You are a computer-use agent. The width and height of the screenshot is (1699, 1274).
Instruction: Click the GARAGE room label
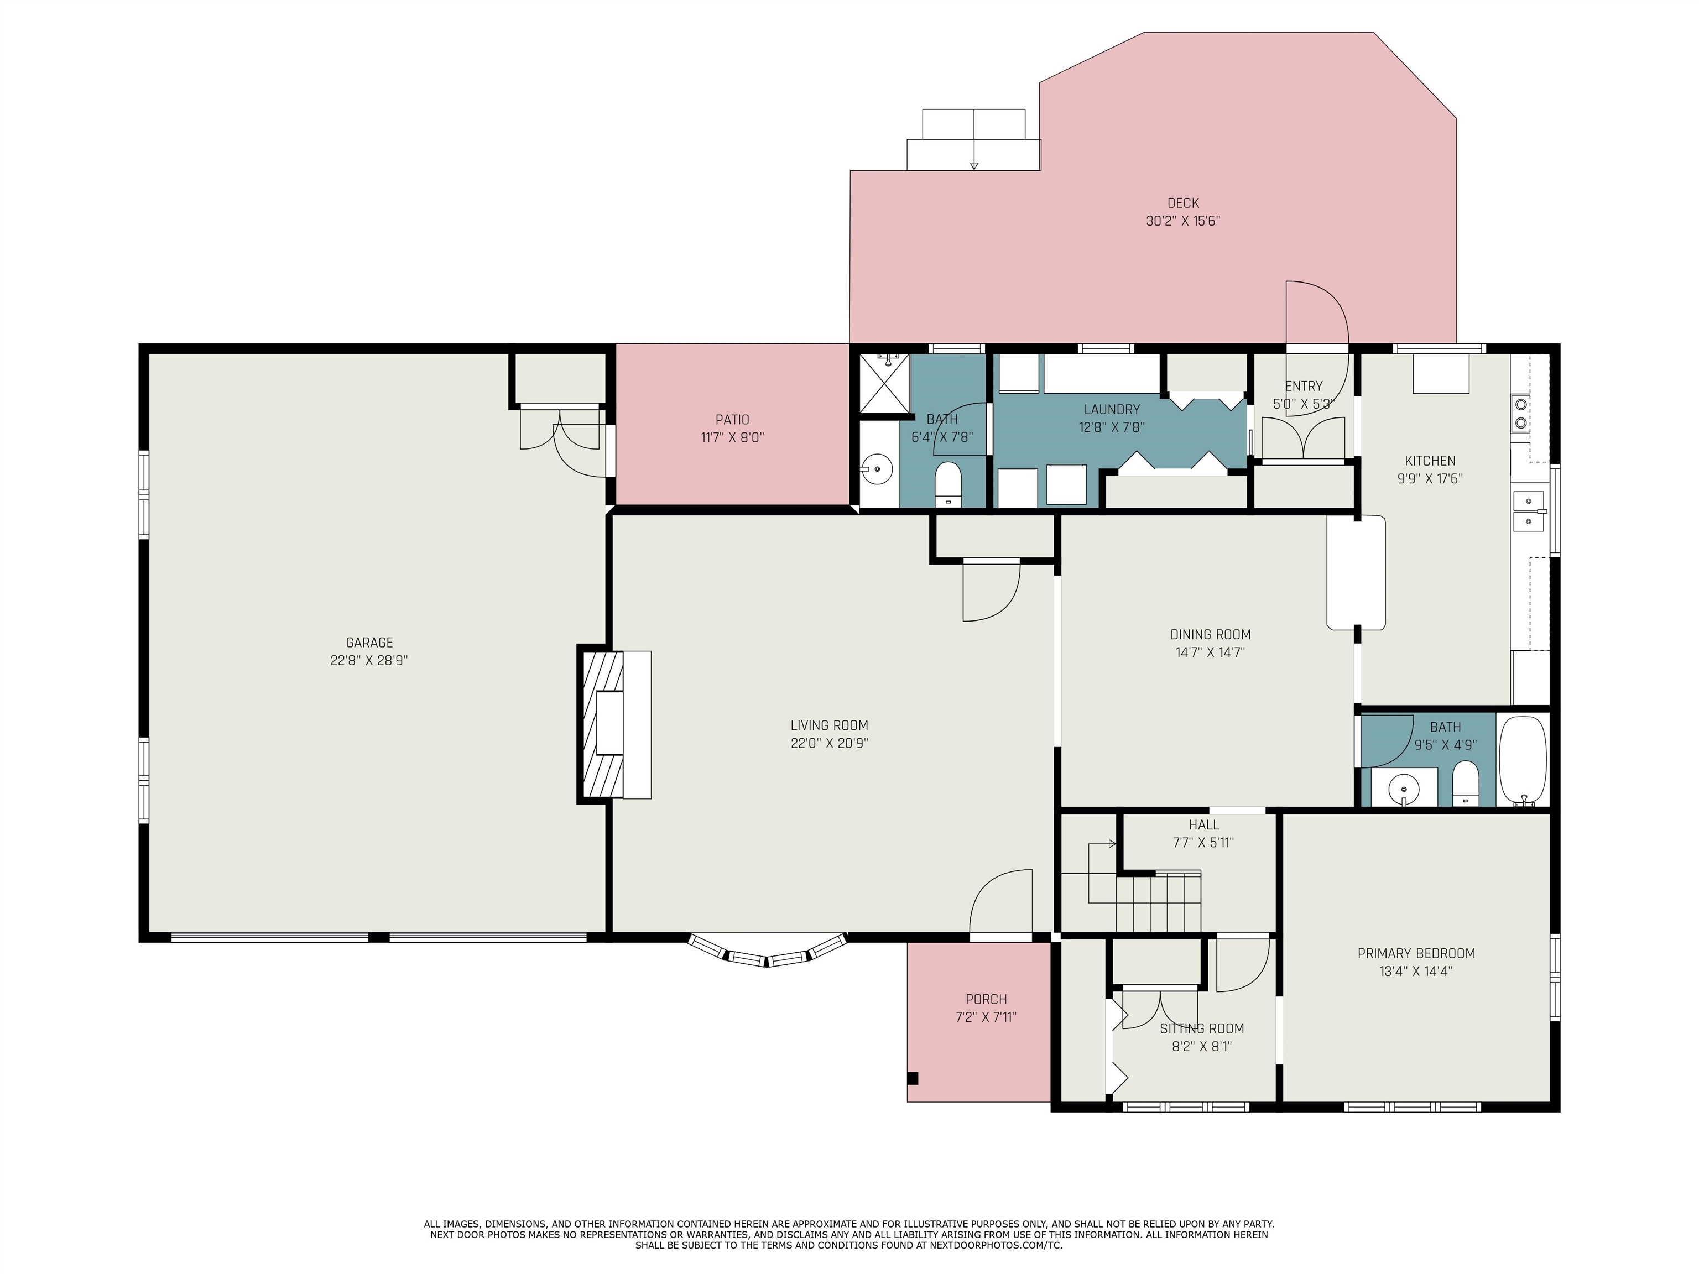[x=369, y=643]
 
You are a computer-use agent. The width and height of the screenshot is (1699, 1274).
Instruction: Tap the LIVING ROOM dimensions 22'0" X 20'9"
[x=830, y=743]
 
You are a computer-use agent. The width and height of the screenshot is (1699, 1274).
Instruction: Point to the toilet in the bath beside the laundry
[x=948, y=484]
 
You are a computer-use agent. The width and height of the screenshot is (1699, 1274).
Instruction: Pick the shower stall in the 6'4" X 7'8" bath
[x=883, y=383]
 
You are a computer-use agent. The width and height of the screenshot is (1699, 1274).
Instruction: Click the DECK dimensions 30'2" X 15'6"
[x=1183, y=221]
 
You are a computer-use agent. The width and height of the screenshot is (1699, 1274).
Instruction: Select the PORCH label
[x=986, y=999]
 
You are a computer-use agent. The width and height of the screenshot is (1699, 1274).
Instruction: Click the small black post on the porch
[x=913, y=1078]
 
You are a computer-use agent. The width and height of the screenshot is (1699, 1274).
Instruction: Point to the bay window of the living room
[x=767, y=951]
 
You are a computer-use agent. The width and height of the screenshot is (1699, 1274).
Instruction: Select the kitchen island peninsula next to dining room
[x=1357, y=573]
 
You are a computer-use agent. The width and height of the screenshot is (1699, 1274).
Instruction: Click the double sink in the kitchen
[x=1529, y=511]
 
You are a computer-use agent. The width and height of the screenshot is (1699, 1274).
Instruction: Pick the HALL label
[x=1203, y=825]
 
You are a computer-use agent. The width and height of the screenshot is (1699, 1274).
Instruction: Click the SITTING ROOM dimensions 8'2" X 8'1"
[x=1202, y=1046]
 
